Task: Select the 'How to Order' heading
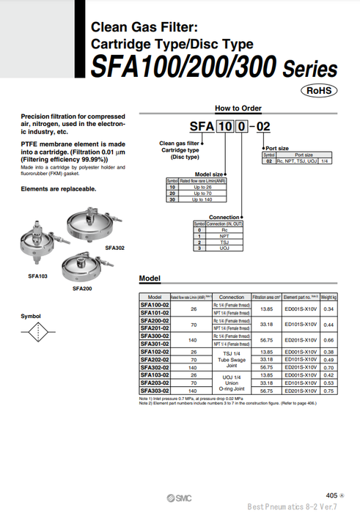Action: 238,108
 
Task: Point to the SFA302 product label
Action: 115,248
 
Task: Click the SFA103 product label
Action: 38,276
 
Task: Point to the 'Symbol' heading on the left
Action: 31,316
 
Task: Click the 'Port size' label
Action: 276,148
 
